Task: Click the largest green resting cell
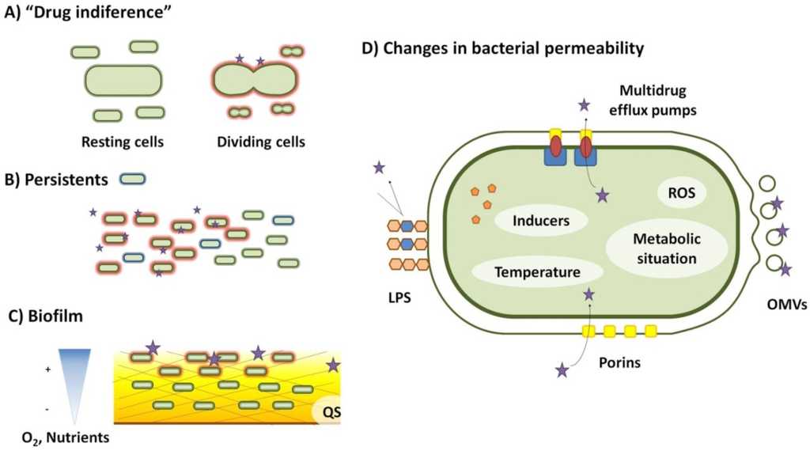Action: coord(123,81)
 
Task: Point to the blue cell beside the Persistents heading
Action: coord(131,179)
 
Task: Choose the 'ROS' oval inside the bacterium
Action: coord(681,191)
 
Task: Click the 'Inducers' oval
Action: coord(542,221)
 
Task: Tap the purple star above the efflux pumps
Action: coord(585,104)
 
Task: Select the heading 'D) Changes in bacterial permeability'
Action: coord(502,48)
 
